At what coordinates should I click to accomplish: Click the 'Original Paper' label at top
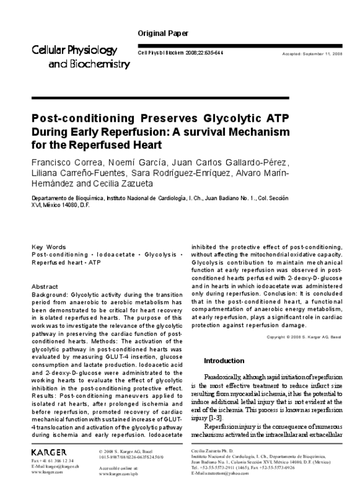click(163, 34)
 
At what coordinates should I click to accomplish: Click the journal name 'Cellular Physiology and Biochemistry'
click(81, 57)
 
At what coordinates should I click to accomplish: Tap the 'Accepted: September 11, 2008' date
click(312, 53)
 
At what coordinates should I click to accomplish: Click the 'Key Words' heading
click(48, 247)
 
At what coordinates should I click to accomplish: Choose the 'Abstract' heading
click(45, 287)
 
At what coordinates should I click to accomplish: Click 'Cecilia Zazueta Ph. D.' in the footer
click(212, 451)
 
